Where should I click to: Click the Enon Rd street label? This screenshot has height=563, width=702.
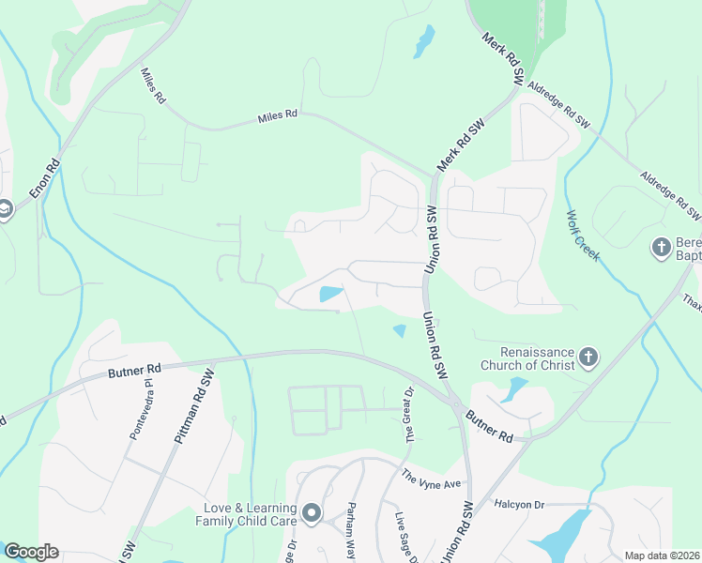tap(45, 178)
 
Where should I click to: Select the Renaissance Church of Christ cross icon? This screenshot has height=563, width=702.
tap(588, 357)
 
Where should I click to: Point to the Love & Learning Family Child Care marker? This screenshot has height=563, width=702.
tap(312, 514)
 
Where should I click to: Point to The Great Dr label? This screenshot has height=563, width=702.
tap(409, 417)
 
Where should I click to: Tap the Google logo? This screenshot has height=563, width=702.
tap(31, 552)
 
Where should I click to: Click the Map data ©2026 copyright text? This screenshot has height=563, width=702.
tap(662, 555)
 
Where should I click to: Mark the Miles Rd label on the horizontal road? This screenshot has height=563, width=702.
tap(278, 114)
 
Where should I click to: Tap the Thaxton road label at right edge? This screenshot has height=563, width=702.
tap(692, 302)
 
